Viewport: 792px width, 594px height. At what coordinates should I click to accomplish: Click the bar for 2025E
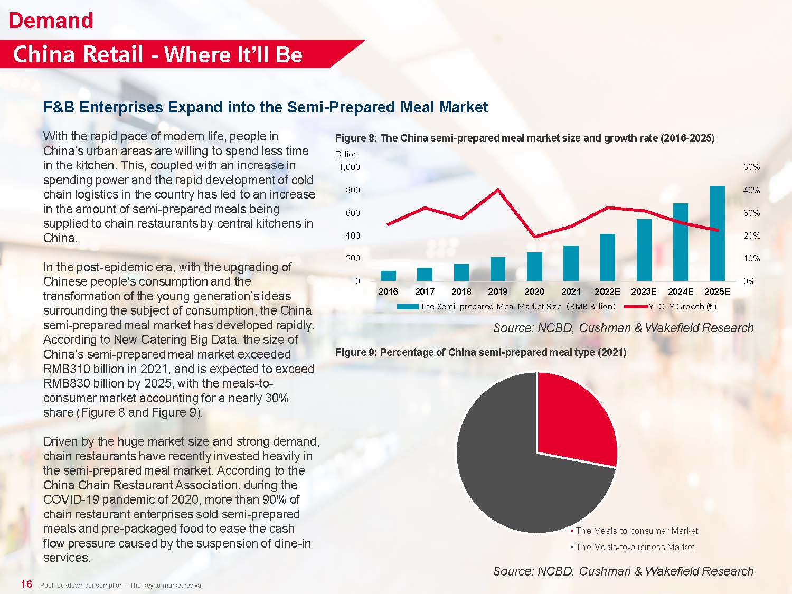pos(717,233)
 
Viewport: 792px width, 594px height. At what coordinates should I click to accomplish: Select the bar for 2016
pos(388,276)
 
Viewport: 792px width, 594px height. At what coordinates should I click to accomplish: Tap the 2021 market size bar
pos(571,263)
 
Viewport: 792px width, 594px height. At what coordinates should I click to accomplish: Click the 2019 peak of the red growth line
pos(498,190)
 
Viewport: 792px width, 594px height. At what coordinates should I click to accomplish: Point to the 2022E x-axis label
pos(607,291)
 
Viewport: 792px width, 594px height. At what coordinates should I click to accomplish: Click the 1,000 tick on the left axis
pos(349,167)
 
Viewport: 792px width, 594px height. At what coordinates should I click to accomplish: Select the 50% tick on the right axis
pos(751,167)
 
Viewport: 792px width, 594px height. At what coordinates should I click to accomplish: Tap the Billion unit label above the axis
pos(346,154)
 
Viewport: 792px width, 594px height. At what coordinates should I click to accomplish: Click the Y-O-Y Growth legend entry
pos(681,306)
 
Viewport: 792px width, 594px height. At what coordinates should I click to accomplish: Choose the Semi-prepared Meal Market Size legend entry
pos(517,306)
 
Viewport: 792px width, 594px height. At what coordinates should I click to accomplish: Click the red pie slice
pos(573,417)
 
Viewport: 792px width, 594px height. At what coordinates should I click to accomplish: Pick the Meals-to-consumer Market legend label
pos(636,531)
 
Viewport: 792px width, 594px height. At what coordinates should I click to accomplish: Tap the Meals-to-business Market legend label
pos(635,547)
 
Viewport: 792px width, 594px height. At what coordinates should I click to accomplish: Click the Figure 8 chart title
pos(525,138)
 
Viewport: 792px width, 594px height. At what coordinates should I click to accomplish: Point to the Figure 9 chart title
pos(480,352)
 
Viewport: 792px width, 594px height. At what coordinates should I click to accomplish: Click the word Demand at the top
pos(51,21)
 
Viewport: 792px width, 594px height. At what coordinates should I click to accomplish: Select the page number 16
pos(26,584)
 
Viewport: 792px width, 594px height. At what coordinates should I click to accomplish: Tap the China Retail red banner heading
pos(157,54)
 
